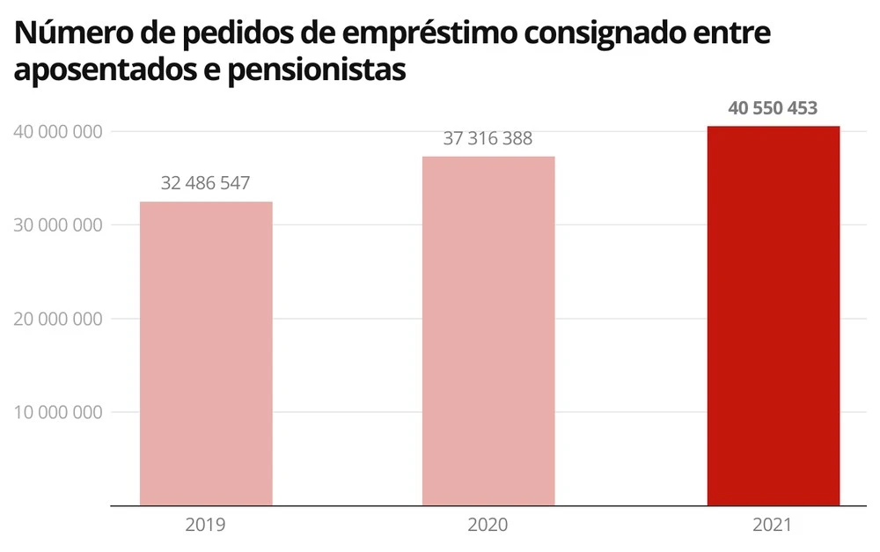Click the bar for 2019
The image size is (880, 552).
click(206, 353)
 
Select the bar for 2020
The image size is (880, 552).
click(488, 331)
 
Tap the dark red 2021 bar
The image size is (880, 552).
click(773, 316)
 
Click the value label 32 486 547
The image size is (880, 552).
click(206, 183)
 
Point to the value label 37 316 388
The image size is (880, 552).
click(488, 138)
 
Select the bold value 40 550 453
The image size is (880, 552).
click(773, 108)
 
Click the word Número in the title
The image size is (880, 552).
click(76, 33)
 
